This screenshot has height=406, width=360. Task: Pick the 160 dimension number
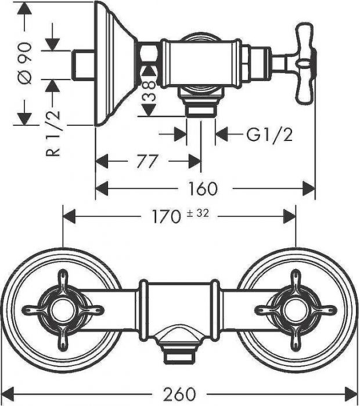coord(203,188)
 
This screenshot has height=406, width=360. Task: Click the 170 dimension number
coord(165,217)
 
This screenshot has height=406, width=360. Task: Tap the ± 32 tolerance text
coord(197,214)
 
